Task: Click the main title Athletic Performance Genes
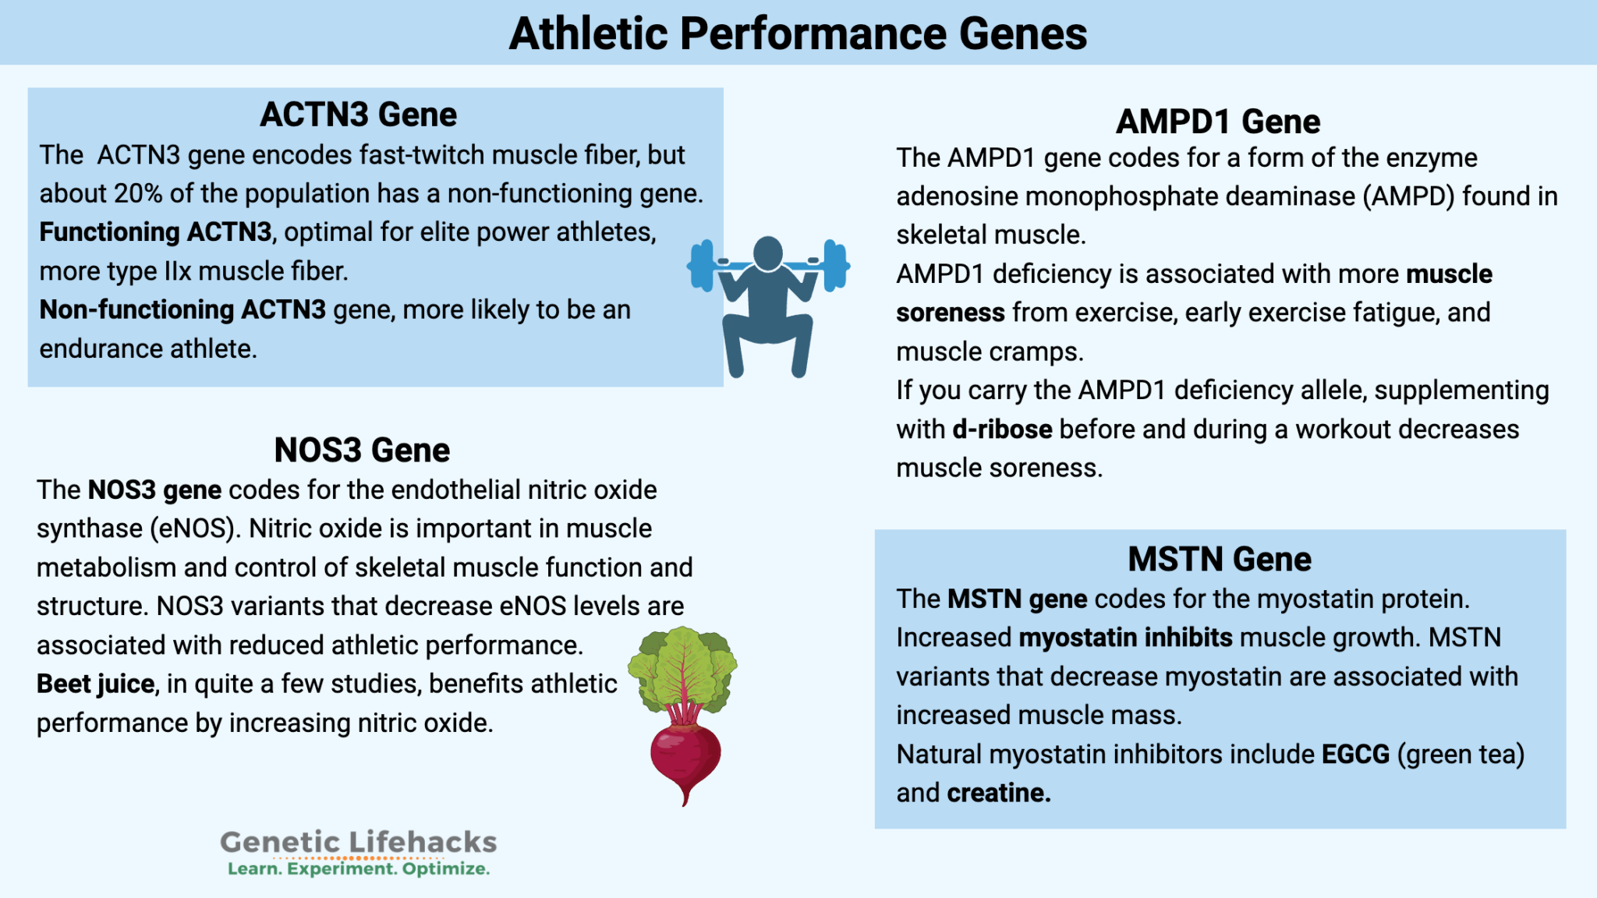798,34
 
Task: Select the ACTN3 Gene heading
358,115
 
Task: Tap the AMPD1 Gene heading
1218,122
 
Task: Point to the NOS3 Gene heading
362,451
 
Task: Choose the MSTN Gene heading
1220,560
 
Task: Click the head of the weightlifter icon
768,253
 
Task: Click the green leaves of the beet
682,666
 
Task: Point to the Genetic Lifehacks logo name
358,842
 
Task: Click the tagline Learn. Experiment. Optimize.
358,869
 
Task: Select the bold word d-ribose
1002,430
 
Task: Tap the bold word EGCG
1355,755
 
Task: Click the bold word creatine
998,794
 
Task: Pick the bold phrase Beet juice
95,684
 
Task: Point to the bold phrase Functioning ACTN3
155,232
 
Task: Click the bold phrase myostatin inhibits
1125,638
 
